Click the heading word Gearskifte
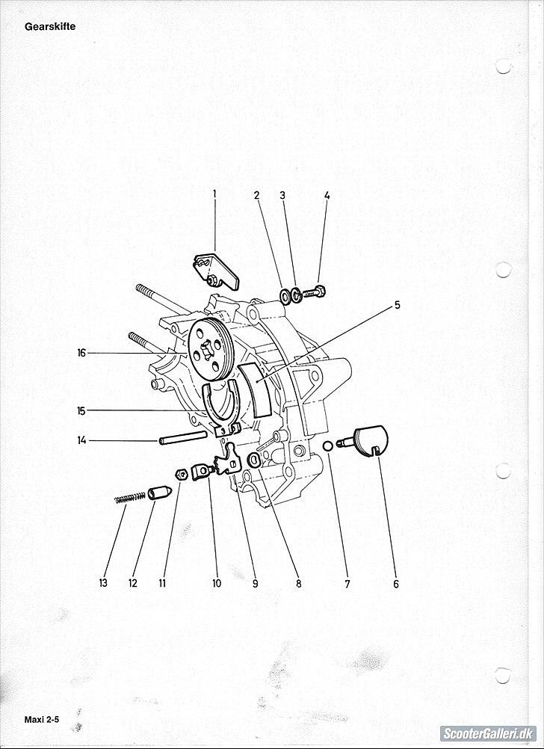(50, 27)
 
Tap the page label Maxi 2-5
(42, 720)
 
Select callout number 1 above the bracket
(214, 194)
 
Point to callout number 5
(397, 305)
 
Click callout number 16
(81, 353)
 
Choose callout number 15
(81, 411)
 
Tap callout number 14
(81, 440)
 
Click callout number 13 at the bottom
(103, 583)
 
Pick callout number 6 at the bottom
(396, 584)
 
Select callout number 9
(255, 583)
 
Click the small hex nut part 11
(181, 475)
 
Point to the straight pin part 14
(183, 437)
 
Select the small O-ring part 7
(327, 446)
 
